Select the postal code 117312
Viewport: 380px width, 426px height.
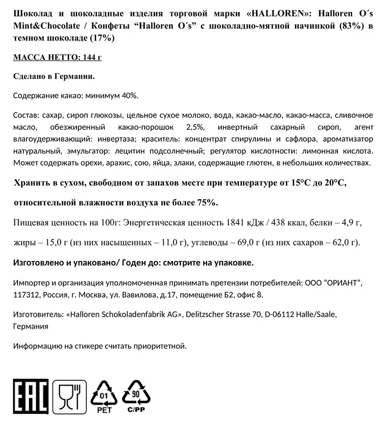(27, 294)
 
